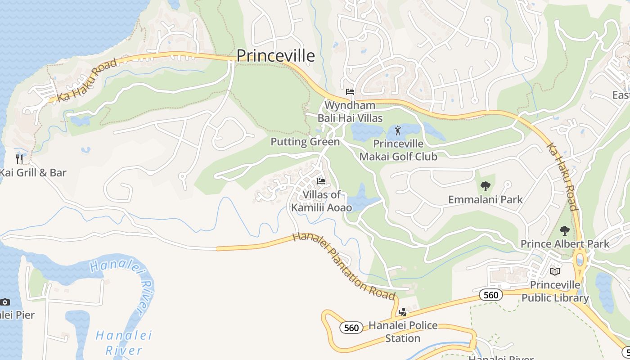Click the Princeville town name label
[x=275, y=55]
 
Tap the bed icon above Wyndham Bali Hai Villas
[x=350, y=92]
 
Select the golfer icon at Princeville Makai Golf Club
[x=398, y=130]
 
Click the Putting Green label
[x=305, y=142]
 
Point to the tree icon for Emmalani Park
[x=485, y=186]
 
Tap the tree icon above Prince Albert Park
[x=564, y=231]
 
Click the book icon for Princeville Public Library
[x=555, y=271]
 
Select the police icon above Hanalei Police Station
[x=403, y=312]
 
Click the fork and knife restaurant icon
[x=19, y=159]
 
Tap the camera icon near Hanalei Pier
[x=4, y=302]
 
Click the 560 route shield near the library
[x=490, y=295]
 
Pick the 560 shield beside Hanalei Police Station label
[x=351, y=328]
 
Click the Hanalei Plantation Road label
[x=344, y=266]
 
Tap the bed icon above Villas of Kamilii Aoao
[x=321, y=181]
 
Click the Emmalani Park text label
[x=485, y=199]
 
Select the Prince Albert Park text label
[x=565, y=244]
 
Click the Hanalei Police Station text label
[x=402, y=332]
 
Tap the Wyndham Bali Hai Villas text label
[x=350, y=112]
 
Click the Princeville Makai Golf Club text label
[x=398, y=150]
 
